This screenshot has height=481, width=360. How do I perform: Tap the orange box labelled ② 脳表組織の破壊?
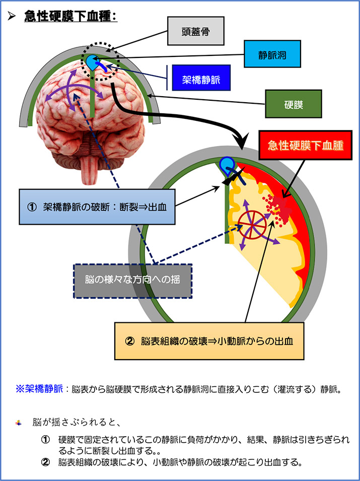point(209,340)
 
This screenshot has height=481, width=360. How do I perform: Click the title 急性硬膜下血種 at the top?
point(70,16)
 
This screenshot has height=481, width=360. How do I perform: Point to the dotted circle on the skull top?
point(102,61)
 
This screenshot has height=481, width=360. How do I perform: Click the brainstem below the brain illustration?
point(91,162)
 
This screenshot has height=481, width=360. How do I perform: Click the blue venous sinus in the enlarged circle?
point(227,163)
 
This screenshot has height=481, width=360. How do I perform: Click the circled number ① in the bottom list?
point(46,439)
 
